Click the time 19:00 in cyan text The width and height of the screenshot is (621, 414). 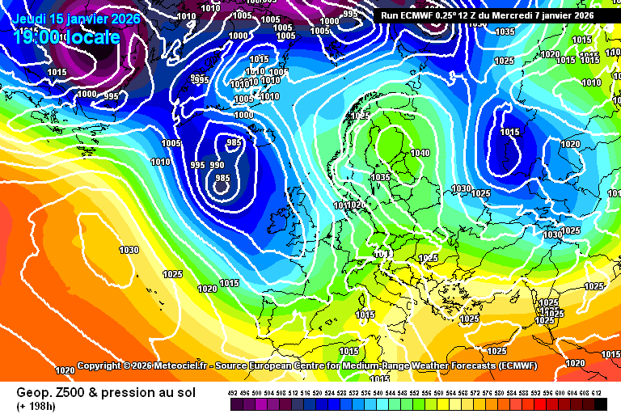tap(36, 37)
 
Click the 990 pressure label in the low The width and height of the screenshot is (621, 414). tap(218, 165)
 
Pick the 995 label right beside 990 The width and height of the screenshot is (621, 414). tap(197, 165)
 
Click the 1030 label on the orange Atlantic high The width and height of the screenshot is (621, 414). tap(129, 250)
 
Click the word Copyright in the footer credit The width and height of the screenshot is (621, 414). tap(101, 366)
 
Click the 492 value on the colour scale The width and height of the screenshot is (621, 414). tap(234, 392)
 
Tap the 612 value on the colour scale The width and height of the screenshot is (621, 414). tap(597, 392)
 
